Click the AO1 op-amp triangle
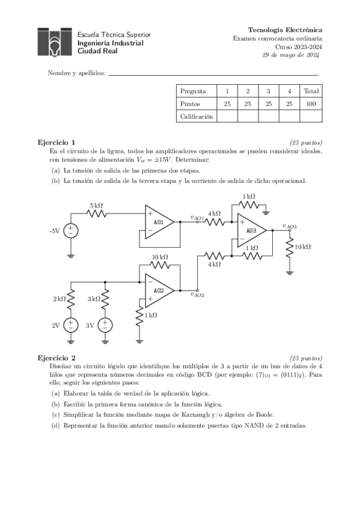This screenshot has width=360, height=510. [x=158, y=221]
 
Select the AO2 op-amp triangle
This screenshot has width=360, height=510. [x=158, y=290]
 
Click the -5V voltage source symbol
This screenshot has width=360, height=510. [x=70, y=230]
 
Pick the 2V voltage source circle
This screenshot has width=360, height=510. [x=70, y=325]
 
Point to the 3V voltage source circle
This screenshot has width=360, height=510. [x=106, y=325]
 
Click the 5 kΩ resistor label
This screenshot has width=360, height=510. [x=96, y=206]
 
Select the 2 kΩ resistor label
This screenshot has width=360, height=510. [x=59, y=299]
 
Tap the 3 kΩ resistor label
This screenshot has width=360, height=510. [x=94, y=299]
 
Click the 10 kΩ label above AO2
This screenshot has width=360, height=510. [x=159, y=257]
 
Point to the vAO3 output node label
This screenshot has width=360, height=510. [x=290, y=226]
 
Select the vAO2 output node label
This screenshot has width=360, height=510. [x=197, y=295]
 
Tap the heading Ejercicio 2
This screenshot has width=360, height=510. [x=56, y=357]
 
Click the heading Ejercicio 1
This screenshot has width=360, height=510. [x=56, y=143]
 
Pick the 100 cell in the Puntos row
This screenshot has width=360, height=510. [x=311, y=104]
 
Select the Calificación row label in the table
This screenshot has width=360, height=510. [x=196, y=117]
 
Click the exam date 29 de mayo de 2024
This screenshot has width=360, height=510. [x=291, y=55]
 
